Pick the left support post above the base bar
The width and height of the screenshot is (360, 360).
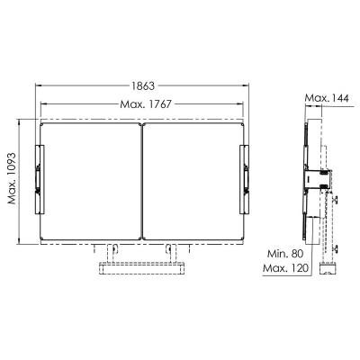[x=113, y=251]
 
